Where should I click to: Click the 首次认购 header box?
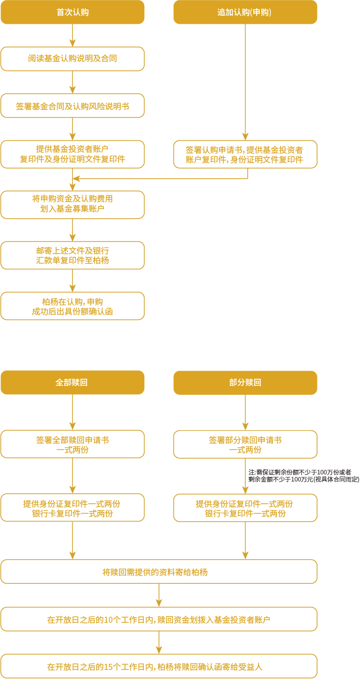point(72,12)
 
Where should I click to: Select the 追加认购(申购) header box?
point(245,12)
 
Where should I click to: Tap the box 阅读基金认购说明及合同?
point(72,59)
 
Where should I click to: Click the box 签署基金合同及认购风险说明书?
point(72,106)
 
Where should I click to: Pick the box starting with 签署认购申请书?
point(245,154)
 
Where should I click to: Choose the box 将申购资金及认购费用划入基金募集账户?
point(72,205)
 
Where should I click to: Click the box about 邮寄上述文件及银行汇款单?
point(72,255)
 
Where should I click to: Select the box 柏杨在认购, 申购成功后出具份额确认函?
point(72,306)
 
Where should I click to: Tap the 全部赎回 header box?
point(72,382)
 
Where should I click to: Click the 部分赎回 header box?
point(245,382)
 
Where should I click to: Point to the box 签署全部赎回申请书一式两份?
point(72,444)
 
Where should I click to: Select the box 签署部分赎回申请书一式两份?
point(245,444)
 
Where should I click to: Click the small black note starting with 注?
point(303,475)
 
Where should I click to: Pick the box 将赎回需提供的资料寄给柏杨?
point(159,572)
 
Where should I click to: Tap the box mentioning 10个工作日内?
point(159,619)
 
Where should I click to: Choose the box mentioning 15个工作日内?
point(159,666)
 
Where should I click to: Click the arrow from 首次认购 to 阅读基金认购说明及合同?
point(72,35)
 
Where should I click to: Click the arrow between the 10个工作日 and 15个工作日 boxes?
point(159,643)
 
